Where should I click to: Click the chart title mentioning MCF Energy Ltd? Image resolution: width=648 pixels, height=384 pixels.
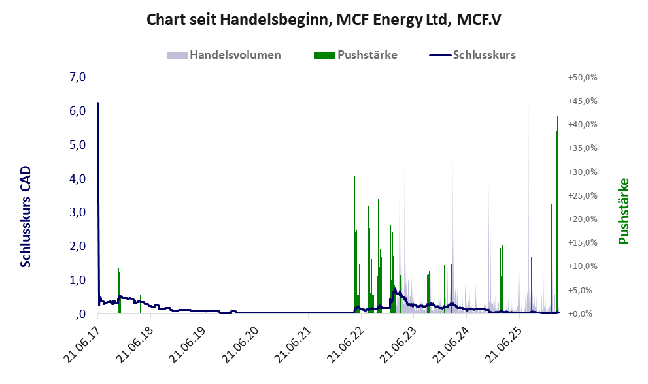(x=324, y=20)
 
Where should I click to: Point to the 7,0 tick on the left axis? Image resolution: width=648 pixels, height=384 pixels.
(x=77, y=77)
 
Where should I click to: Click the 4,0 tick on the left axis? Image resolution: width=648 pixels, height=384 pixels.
(x=77, y=179)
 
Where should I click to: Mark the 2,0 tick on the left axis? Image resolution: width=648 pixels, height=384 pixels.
(x=77, y=246)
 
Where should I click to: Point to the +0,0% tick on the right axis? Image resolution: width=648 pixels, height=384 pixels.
(x=583, y=314)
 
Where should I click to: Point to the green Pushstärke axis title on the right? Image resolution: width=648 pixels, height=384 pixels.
(x=623, y=211)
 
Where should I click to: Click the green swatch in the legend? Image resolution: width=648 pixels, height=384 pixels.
(x=324, y=55)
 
